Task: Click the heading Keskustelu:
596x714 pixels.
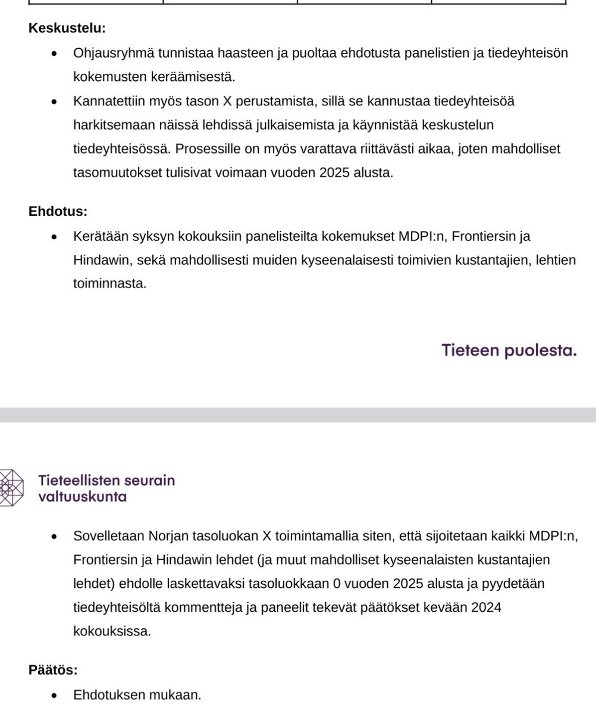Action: tap(67, 28)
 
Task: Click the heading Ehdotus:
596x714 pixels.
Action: tap(58, 211)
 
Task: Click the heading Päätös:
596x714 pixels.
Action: tap(53, 670)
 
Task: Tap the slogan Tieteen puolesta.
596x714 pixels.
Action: tap(509, 350)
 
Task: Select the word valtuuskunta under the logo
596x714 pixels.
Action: tap(82, 497)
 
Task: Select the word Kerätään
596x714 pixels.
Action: tap(98, 236)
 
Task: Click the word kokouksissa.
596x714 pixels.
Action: tap(112, 631)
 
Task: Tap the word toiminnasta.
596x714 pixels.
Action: tap(109, 284)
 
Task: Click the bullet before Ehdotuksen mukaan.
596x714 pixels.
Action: tap(55, 695)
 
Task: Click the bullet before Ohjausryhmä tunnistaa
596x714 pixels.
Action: tap(55, 54)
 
